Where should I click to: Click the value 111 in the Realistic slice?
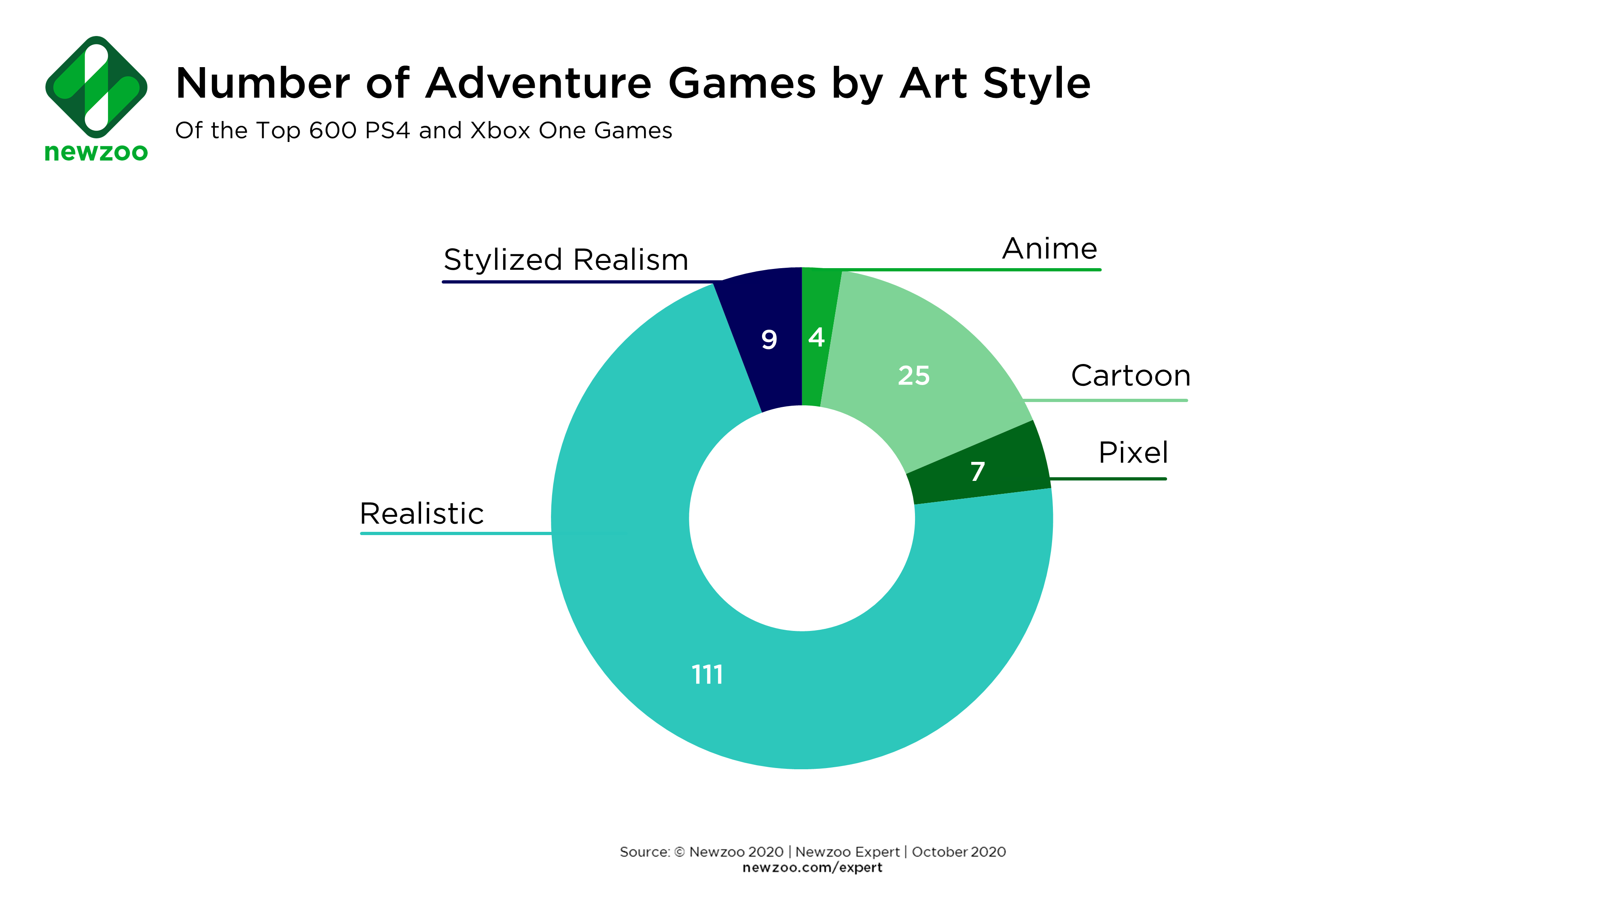pyautogui.click(x=707, y=675)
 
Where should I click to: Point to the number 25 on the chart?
pyautogui.click(x=914, y=376)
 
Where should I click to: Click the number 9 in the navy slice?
pyautogui.click(x=769, y=340)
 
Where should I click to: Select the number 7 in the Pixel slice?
pyautogui.click(x=977, y=471)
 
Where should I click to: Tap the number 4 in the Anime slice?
pyautogui.click(x=816, y=337)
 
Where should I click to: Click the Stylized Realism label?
pyautogui.click(x=566, y=259)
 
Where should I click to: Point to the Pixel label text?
pyautogui.click(x=1133, y=452)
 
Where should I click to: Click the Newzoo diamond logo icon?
pyautogui.click(x=96, y=87)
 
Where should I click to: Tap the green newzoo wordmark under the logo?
pyautogui.click(x=96, y=152)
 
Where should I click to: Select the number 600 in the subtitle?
pyautogui.click(x=333, y=131)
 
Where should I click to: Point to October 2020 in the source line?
pyautogui.click(x=959, y=852)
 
